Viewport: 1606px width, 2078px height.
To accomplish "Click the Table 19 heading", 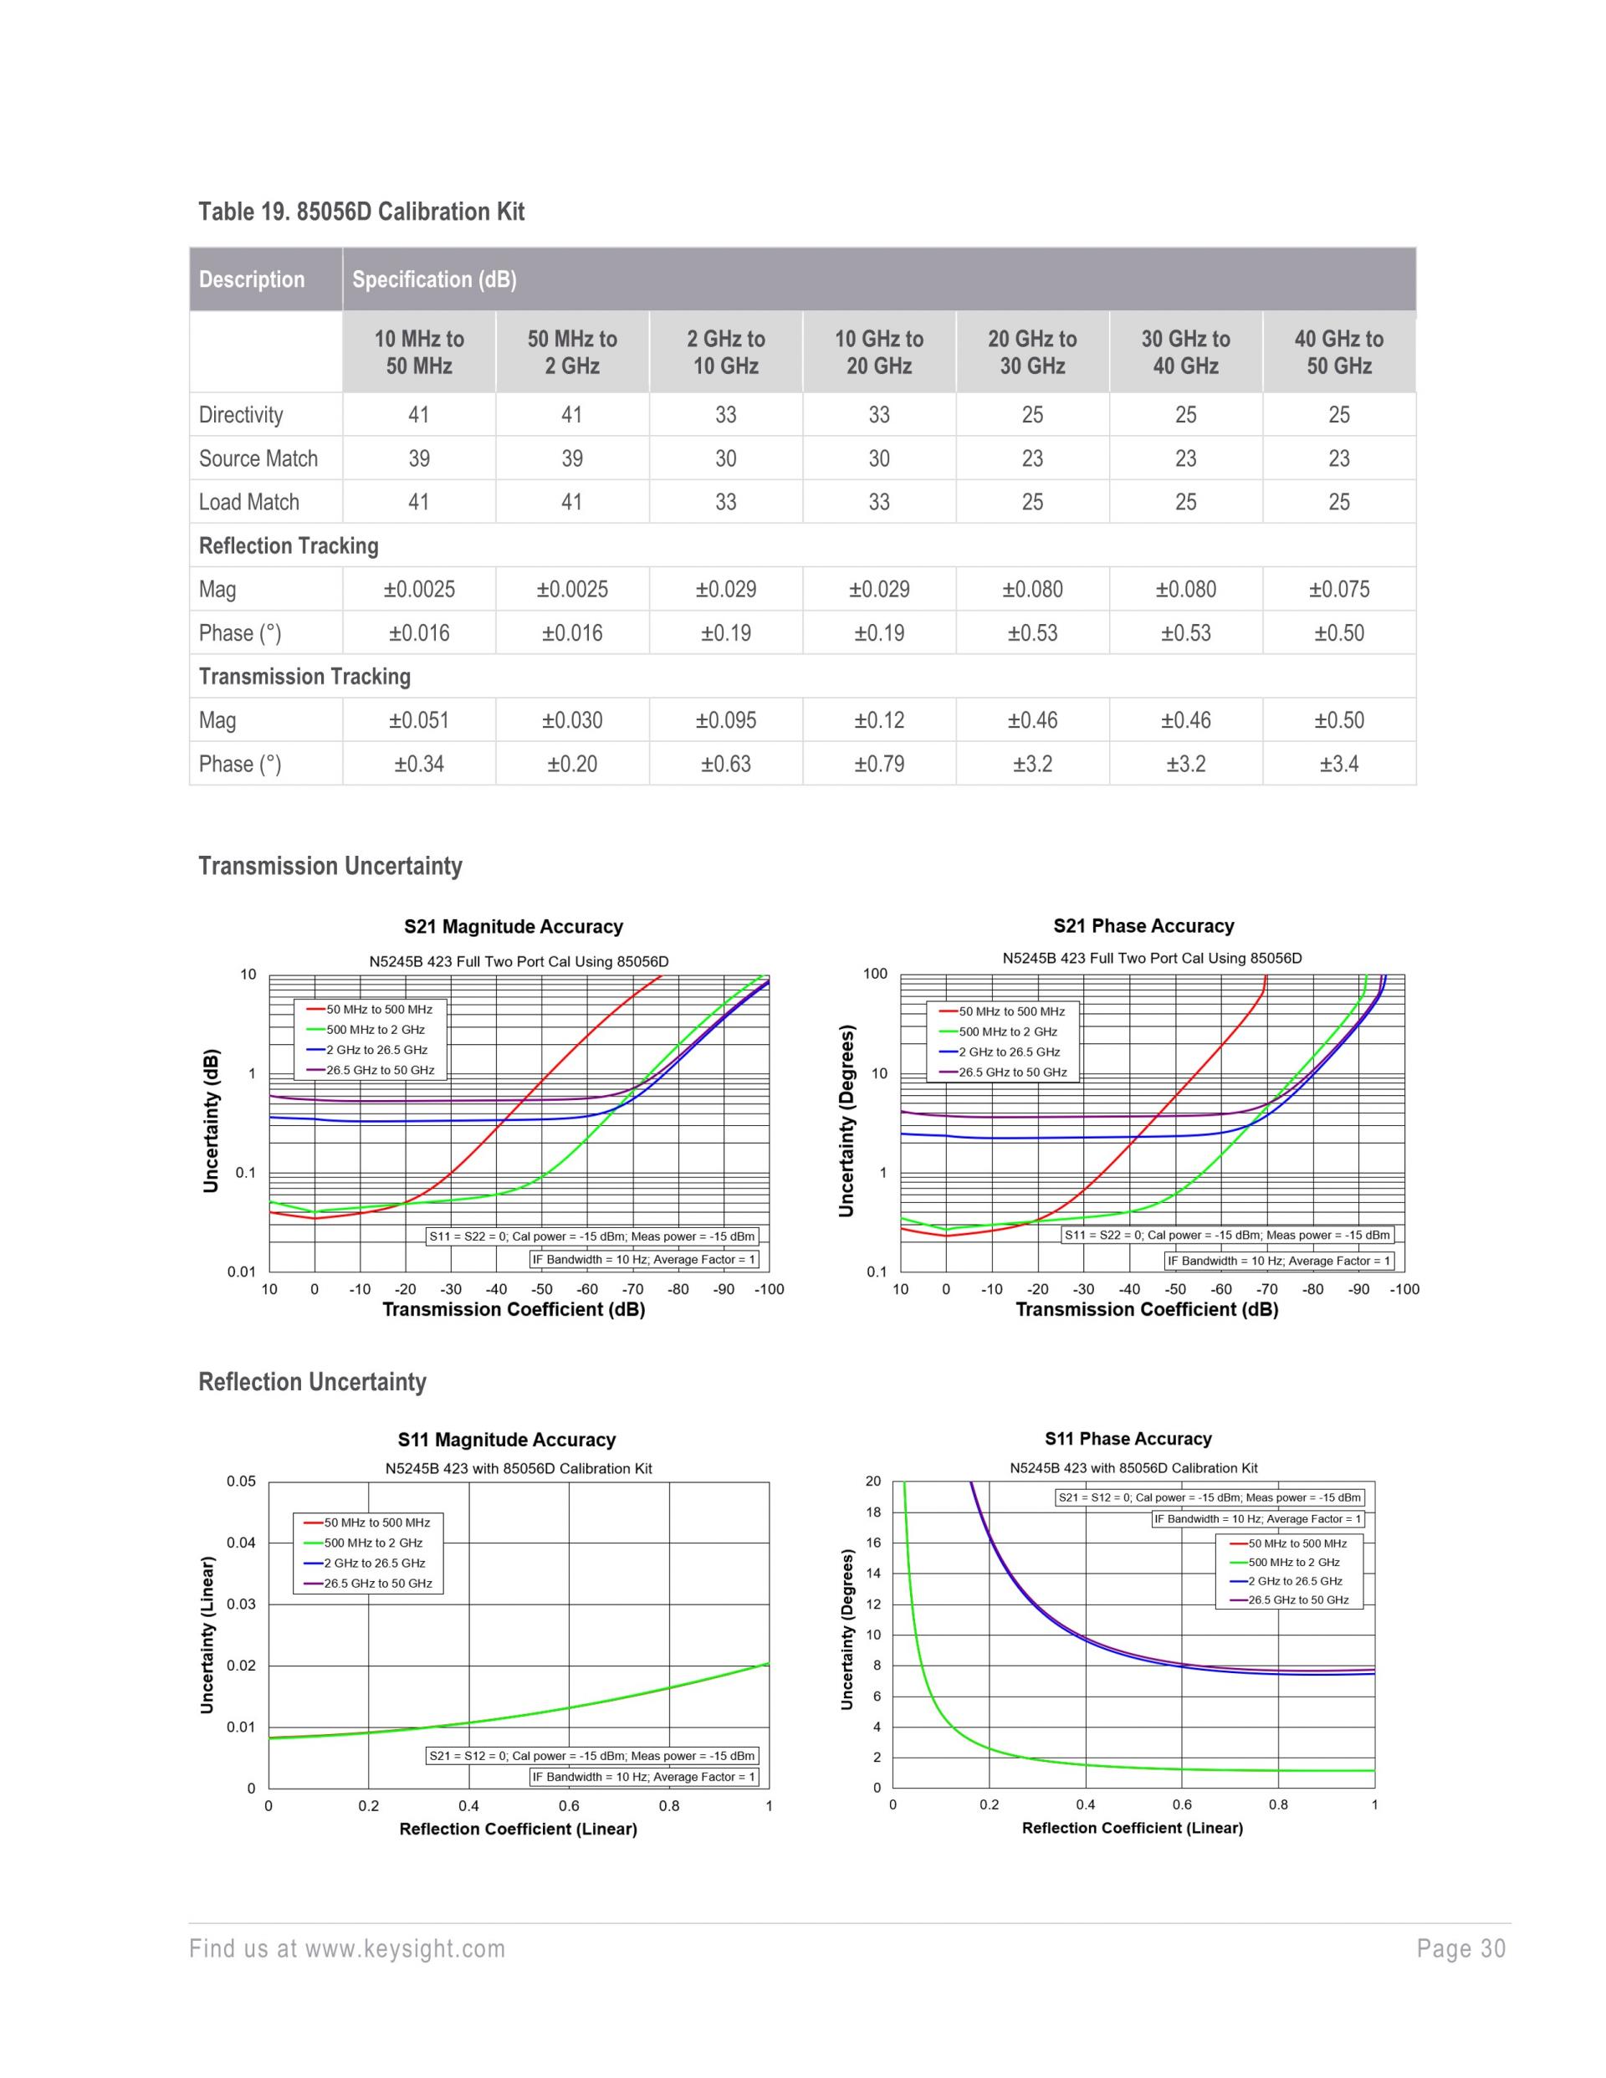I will [361, 211].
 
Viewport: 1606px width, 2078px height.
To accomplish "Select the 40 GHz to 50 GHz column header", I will [1337, 352].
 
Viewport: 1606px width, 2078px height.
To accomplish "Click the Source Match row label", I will [258, 458].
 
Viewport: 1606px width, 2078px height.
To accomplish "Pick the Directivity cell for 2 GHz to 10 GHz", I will [725, 415].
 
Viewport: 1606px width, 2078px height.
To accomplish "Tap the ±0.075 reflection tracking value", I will [1337, 589].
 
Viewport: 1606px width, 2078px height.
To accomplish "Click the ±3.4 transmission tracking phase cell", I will [1337, 764].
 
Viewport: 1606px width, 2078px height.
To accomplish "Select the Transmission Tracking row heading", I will [304, 677].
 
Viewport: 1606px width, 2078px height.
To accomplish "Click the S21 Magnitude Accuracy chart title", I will [513, 927].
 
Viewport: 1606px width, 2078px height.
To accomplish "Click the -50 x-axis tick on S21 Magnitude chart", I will [541, 1289].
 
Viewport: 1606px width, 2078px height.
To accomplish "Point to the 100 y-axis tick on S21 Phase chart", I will [874, 974].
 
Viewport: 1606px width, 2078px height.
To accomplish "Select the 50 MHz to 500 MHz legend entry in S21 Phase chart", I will [1011, 1011].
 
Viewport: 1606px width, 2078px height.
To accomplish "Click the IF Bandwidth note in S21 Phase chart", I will [1278, 1261].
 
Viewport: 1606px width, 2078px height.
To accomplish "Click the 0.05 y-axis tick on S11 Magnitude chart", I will [241, 1482].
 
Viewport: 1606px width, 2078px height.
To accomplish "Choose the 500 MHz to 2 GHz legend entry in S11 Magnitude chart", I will [373, 1543].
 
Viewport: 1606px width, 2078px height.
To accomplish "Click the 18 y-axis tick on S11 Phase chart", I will [872, 1512].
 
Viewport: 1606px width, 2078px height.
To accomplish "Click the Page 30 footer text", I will [1460, 1948].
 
